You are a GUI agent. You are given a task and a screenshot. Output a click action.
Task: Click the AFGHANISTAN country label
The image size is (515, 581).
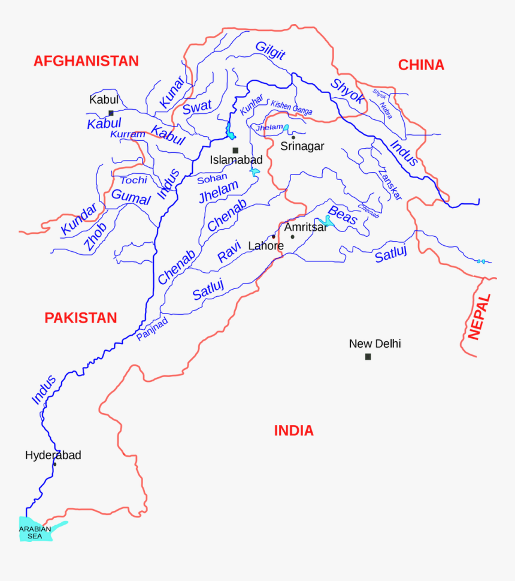click(x=86, y=61)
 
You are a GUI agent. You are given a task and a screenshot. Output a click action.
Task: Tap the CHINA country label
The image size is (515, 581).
click(x=421, y=65)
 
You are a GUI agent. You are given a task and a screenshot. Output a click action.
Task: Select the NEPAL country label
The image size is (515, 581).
click(x=480, y=317)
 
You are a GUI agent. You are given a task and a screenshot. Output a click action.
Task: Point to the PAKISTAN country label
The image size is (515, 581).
click(x=80, y=318)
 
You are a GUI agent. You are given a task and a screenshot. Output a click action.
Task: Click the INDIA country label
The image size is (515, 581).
click(x=293, y=431)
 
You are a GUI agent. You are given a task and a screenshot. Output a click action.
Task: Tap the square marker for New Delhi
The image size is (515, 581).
click(x=368, y=357)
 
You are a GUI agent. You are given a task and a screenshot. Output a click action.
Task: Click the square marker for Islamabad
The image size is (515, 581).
click(x=235, y=150)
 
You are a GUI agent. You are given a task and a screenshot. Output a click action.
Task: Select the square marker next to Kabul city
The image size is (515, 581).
click(x=111, y=113)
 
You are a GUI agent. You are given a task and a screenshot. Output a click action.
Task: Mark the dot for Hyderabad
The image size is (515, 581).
click(x=54, y=464)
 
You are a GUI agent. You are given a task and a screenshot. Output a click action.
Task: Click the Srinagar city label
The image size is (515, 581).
click(x=302, y=146)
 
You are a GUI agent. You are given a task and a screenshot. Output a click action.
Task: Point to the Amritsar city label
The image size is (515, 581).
click(x=305, y=227)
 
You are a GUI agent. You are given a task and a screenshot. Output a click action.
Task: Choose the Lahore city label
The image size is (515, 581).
click(x=266, y=246)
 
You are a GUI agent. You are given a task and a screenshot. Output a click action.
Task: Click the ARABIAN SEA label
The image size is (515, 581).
click(x=35, y=532)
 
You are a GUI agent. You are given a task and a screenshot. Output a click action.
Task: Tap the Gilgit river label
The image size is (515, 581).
click(x=270, y=51)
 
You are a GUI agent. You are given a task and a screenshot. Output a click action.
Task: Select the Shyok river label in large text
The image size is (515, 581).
click(x=347, y=91)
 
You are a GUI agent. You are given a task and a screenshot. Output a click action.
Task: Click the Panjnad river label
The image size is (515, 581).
click(x=152, y=329)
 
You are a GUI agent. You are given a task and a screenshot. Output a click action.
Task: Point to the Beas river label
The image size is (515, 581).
click(x=343, y=216)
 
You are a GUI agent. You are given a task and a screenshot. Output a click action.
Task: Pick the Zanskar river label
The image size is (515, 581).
click(x=390, y=184)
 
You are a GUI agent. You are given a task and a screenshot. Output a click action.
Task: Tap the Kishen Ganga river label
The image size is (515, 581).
click(x=291, y=109)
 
